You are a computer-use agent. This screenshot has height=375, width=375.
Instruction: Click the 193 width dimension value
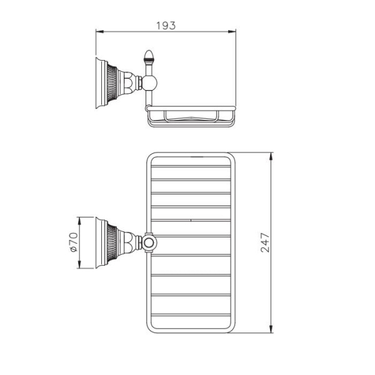pos(166,26)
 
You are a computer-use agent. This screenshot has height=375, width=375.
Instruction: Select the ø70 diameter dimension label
pos(72,242)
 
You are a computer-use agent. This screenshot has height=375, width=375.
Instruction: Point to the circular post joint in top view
pos(150,242)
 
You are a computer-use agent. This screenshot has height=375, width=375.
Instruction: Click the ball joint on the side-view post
pos(149,82)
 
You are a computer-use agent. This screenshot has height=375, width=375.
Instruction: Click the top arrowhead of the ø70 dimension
pos(79,219)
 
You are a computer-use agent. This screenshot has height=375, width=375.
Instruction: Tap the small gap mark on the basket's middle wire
pos(190,221)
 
